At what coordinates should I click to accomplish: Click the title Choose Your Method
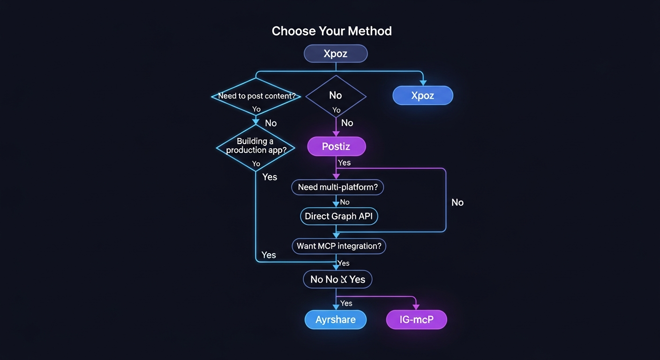[x=331, y=31]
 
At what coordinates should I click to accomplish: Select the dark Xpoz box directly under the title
[x=336, y=53]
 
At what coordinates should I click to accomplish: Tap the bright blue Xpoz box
[x=422, y=96]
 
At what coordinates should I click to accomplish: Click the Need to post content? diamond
[x=255, y=97]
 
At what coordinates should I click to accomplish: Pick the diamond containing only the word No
[x=336, y=96]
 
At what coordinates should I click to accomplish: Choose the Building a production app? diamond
[x=255, y=146]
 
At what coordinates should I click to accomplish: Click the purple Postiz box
[x=336, y=147]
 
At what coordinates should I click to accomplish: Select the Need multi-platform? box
[x=337, y=187]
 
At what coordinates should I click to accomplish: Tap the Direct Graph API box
[x=338, y=216]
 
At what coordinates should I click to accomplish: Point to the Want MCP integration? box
[x=338, y=246]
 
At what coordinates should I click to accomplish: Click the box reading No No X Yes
[x=337, y=279]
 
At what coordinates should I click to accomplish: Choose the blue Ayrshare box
[x=335, y=320]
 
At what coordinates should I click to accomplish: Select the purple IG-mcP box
[x=416, y=320]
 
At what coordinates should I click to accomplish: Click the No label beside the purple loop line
[x=457, y=202]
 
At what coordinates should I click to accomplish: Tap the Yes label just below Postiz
[x=344, y=163]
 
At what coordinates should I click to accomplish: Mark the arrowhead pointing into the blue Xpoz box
[x=422, y=83]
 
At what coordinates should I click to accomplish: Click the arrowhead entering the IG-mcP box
[x=416, y=307]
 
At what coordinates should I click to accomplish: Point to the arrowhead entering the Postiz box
[x=336, y=134]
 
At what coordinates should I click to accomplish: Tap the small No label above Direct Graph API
[x=345, y=202]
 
